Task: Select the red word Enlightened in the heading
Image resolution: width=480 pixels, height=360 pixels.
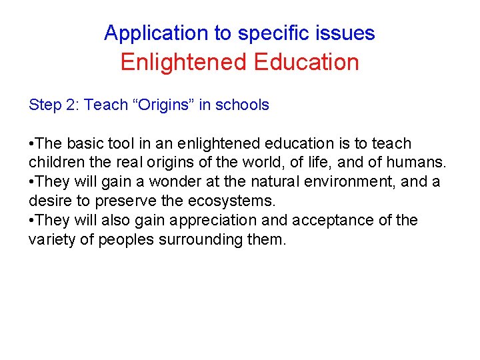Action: point(179,63)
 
